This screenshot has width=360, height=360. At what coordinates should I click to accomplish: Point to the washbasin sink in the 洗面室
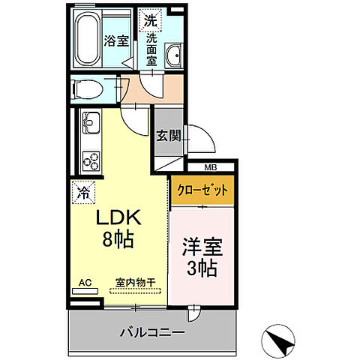coord(175,55)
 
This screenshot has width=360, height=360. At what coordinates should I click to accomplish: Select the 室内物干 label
coord(135,283)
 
